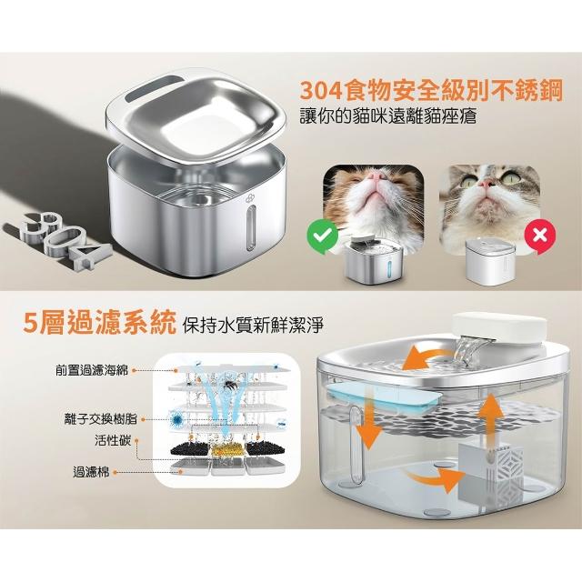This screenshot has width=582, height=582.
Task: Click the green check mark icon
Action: coord(323,236)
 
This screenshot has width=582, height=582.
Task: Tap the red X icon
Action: coord(540,236)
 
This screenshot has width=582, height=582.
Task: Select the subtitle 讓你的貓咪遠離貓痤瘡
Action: coord(388,115)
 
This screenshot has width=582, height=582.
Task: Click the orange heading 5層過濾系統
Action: coord(99,323)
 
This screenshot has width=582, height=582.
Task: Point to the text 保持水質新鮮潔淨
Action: coord(253,325)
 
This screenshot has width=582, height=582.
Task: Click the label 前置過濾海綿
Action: coord(92,370)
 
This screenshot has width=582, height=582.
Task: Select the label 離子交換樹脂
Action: coord(101,419)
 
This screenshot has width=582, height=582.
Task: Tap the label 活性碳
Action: coord(113,440)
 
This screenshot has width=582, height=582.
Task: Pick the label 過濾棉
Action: coord(91,473)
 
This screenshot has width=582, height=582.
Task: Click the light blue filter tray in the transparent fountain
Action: coord(384,398)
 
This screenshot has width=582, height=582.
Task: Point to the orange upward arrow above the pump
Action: coord(490,418)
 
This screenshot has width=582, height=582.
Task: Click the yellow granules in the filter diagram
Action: coord(226,450)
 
